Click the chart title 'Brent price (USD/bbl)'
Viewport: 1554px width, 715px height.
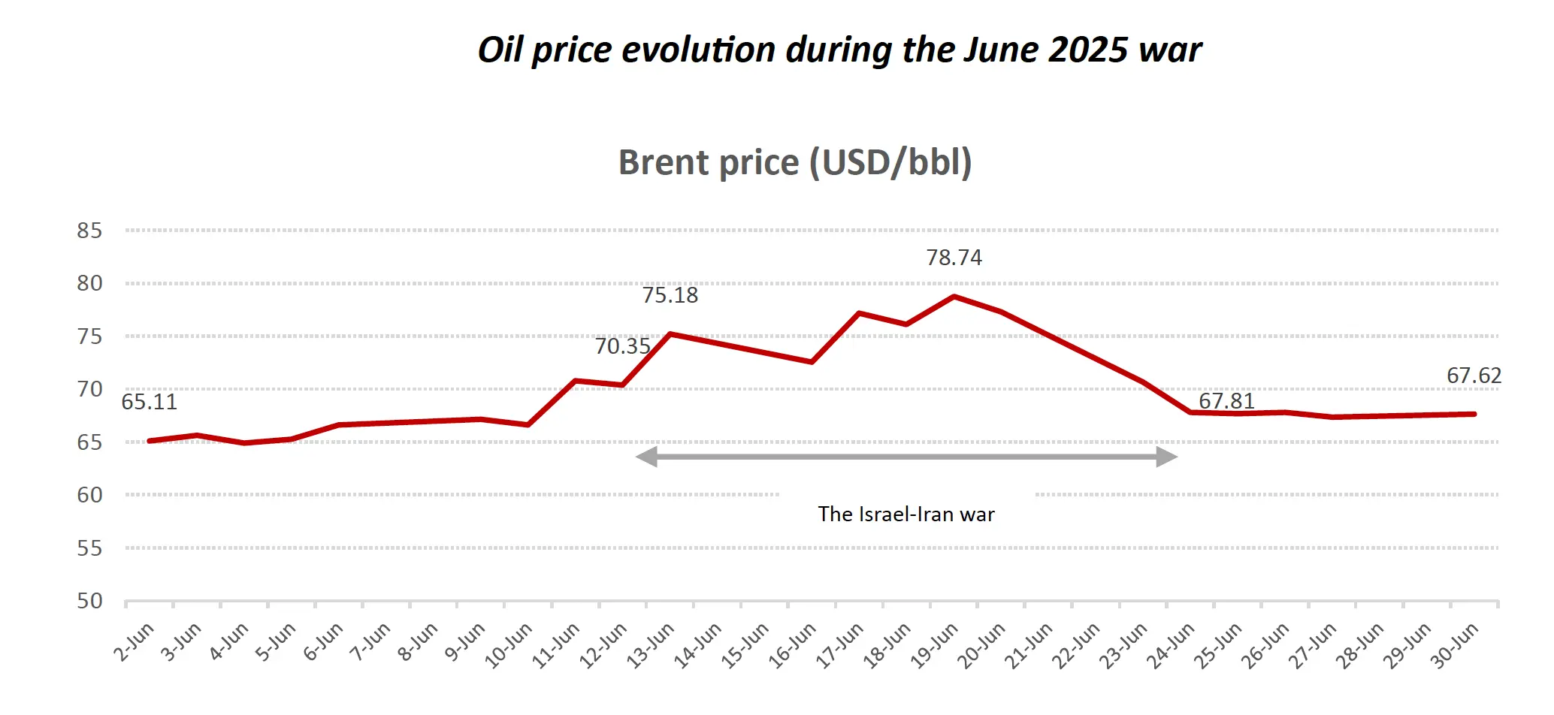(x=794, y=163)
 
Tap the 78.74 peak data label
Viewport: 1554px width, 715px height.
(x=954, y=258)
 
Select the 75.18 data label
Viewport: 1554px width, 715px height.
(x=670, y=295)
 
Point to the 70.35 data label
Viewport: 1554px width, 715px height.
(x=622, y=346)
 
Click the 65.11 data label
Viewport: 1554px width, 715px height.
(x=149, y=402)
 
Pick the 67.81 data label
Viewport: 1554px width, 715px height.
(x=1226, y=401)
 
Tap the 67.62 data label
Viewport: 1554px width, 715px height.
(x=1474, y=376)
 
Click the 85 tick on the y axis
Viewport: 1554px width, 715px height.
(x=89, y=231)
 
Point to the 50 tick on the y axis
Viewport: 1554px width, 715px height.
(x=89, y=601)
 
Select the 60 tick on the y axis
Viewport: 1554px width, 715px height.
(x=89, y=495)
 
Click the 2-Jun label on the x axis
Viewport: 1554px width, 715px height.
(x=134, y=642)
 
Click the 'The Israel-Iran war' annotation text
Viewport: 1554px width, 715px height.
(x=905, y=514)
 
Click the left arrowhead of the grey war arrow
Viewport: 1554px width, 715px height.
(x=647, y=457)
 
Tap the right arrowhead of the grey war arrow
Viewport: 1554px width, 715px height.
(x=1166, y=457)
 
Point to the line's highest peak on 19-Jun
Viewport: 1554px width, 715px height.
(x=954, y=297)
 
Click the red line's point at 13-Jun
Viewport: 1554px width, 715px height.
(x=670, y=333)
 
